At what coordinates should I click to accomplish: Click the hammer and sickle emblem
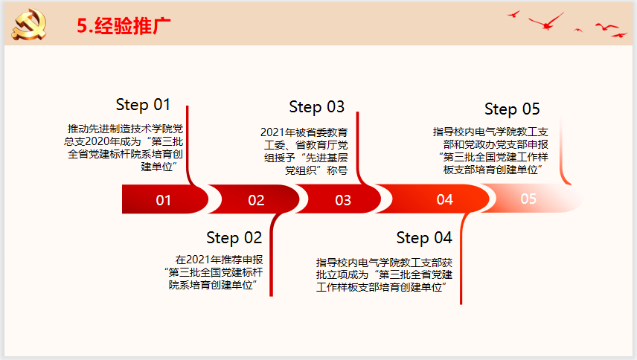pyautogui.click(x=29, y=25)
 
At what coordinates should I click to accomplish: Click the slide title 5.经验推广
pyautogui.click(x=124, y=26)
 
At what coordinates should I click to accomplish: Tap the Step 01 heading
pyautogui.click(x=143, y=105)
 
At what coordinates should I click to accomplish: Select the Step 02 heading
pyautogui.click(x=234, y=238)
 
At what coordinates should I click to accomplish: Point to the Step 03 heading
pyautogui.click(x=316, y=107)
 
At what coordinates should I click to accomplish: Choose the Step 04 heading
pyautogui.click(x=424, y=238)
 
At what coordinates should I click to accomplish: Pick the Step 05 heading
pyautogui.click(x=512, y=109)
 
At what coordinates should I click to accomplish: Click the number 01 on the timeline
pyautogui.click(x=163, y=200)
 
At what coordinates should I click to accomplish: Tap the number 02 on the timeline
pyautogui.click(x=256, y=200)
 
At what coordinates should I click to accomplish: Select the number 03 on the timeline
pyautogui.click(x=343, y=200)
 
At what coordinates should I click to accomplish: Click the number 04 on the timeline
pyautogui.click(x=444, y=199)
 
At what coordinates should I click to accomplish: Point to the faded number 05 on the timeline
pyautogui.click(x=528, y=199)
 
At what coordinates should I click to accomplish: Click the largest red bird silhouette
pyautogui.click(x=546, y=22)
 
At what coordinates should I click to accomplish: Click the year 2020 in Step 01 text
pyautogui.click(x=97, y=141)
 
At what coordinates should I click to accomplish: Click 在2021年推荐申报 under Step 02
pyautogui.click(x=219, y=260)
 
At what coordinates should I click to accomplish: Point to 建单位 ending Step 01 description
pyautogui.click(x=156, y=167)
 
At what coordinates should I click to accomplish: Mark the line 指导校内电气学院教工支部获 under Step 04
pyautogui.click(x=384, y=263)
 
